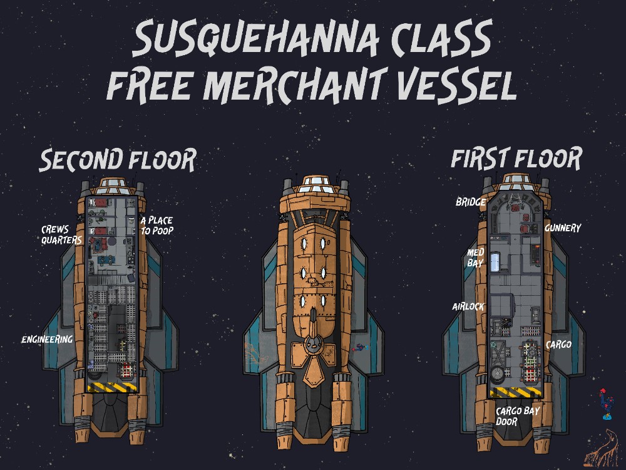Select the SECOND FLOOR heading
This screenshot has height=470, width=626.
tap(118, 160)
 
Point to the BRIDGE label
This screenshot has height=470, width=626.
tap(471, 202)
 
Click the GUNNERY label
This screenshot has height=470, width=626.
tap(563, 228)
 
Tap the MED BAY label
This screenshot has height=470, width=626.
tap(476, 258)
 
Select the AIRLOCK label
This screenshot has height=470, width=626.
tap(468, 306)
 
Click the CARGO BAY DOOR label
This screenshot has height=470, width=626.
tap(518, 416)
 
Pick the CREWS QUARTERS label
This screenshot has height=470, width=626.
tap(61, 234)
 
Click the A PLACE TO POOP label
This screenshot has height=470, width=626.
tap(157, 226)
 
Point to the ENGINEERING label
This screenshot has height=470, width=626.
tap(47, 339)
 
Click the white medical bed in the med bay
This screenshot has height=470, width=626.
tap(495, 261)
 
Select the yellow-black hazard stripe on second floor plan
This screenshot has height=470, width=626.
tap(112, 387)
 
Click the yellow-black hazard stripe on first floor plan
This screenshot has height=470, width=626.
tap(515, 392)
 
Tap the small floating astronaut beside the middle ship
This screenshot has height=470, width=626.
tap(359, 348)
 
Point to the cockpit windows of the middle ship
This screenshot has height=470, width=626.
tap(316, 185)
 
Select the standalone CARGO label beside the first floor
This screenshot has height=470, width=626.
tap(558, 345)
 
